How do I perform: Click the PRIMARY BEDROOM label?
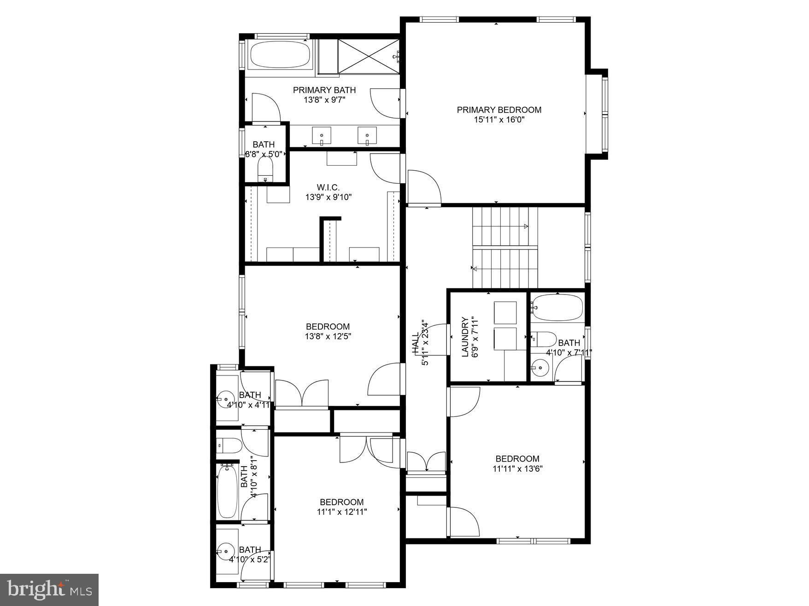point(499,110)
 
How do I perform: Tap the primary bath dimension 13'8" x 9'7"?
point(324,100)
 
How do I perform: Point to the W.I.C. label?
point(328,187)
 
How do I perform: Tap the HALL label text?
point(416,343)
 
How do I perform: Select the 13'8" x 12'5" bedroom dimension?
point(328,336)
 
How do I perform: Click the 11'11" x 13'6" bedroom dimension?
point(517,469)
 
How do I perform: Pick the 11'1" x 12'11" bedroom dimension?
point(342,512)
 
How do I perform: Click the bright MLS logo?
point(49,589)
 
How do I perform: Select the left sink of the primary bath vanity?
point(322,136)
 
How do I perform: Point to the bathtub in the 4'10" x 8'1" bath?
point(227,491)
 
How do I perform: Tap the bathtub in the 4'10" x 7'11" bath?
point(557,307)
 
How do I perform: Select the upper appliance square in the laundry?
point(505,312)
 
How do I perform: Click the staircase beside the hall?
point(505,247)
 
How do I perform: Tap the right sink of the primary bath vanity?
point(367,136)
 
